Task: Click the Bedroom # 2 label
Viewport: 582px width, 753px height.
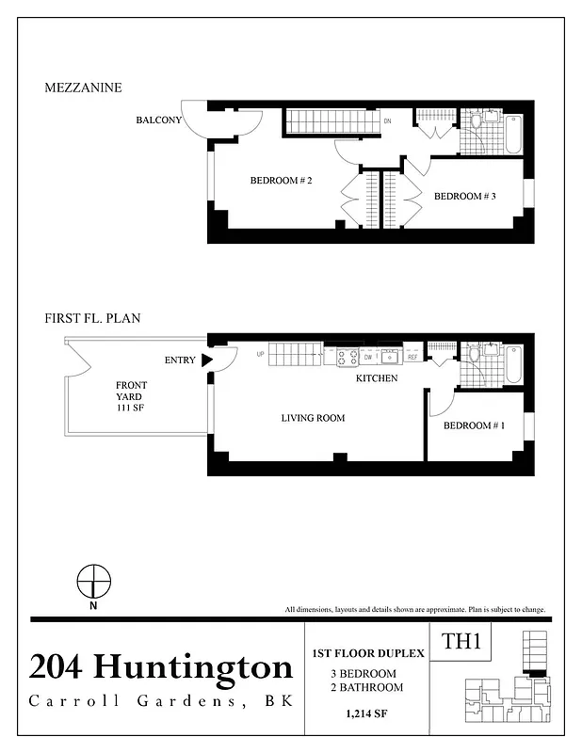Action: tap(281, 181)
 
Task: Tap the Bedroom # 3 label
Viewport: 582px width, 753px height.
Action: tap(464, 196)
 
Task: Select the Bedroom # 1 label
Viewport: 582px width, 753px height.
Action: tap(474, 425)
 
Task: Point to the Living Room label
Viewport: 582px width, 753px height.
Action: tap(313, 418)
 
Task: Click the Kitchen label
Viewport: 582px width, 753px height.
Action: tap(376, 378)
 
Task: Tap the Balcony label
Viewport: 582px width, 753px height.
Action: tap(158, 120)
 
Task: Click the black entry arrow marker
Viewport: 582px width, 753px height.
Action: tap(207, 360)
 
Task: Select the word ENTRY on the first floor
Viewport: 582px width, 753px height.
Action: tap(180, 360)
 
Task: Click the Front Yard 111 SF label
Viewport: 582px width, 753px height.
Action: tap(131, 396)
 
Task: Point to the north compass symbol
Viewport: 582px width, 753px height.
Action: tap(92, 582)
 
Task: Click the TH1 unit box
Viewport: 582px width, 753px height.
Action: tap(462, 644)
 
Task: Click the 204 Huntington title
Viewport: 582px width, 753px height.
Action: tap(161, 667)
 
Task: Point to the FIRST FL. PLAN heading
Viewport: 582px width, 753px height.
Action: tap(92, 318)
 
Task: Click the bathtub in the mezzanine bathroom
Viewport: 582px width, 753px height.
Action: tap(512, 134)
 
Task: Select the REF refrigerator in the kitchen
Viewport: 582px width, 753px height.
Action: tap(412, 358)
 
